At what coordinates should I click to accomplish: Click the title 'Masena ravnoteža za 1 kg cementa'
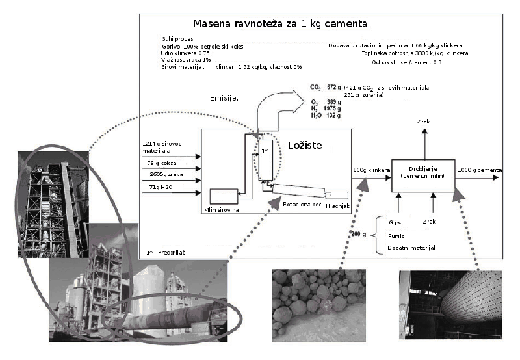coord(271,24)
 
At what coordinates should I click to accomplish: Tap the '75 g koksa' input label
coord(159,163)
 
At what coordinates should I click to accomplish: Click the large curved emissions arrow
coord(279,107)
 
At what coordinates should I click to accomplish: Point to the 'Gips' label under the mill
coord(395,223)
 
